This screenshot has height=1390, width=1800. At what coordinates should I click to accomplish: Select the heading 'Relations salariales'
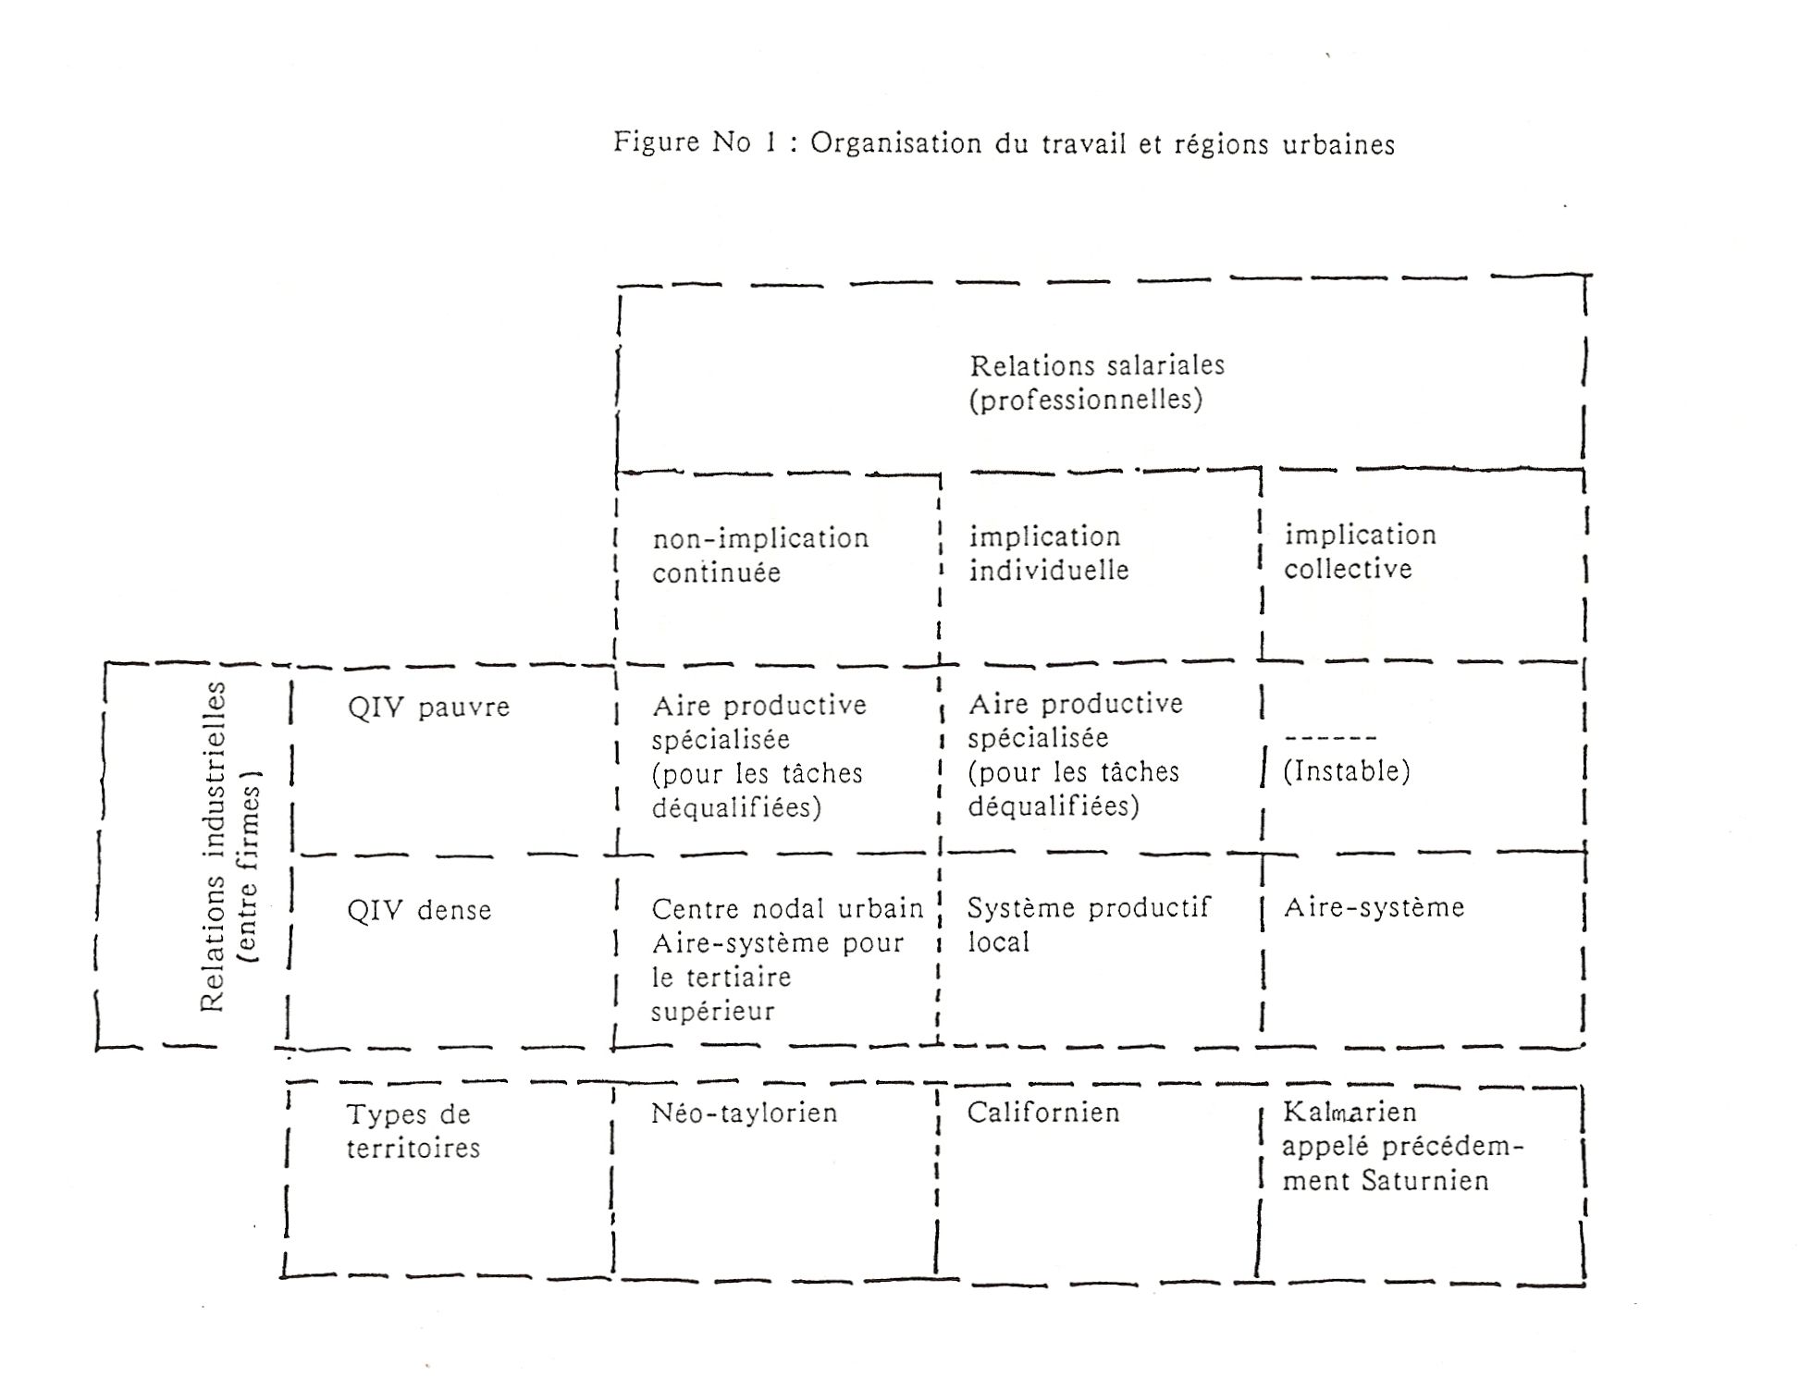click(1097, 365)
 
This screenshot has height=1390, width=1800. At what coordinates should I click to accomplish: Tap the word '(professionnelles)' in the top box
click(1085, 400)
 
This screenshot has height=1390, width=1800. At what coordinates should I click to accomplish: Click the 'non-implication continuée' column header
click(760, 555)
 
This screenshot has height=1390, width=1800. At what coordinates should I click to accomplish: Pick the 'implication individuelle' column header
click(1049, 553)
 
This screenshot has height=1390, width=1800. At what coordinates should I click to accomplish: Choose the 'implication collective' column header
click(1360, 551)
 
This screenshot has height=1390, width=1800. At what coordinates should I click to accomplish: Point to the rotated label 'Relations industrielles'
click(213, 846)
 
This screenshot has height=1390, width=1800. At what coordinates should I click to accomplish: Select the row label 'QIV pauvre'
click(428, 707)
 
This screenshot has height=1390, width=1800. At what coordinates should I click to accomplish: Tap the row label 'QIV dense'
click(419, 911)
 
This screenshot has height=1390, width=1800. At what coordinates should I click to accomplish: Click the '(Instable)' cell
click(1346, 771)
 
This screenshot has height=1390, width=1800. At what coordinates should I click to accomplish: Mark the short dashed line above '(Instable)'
click(1330, 738)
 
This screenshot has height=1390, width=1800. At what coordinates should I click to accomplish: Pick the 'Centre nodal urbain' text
click(787, 909)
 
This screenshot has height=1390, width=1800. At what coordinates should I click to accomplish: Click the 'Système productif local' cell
click(1089, 925)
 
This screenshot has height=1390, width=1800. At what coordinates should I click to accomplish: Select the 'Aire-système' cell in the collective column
click(1374, 907)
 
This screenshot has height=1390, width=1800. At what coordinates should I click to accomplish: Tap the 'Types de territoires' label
click(413, 1131)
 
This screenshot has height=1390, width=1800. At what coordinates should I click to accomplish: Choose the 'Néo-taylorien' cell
click(744, 1113)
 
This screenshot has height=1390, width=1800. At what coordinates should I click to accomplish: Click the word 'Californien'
click(1043, 1112)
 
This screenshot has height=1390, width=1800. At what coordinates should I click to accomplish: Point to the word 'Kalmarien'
click(1350, 1112)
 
